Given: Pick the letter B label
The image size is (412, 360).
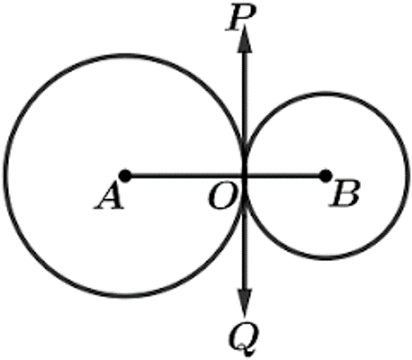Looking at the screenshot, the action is click(344, 194).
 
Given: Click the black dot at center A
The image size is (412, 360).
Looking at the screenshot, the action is click(125, 176).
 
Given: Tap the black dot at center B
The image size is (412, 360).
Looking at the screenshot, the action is click(325, 176).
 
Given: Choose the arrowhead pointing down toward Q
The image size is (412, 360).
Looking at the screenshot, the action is click(245, 303).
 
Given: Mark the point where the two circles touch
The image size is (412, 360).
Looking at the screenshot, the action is click(245, 176).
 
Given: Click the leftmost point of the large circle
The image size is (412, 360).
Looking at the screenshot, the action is click(5, 176).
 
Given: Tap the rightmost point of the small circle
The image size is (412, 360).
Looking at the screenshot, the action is click(405, 176).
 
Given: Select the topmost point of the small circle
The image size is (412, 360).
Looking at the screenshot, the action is click(325, 94).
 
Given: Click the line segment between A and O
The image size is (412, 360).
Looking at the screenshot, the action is click(185, 176).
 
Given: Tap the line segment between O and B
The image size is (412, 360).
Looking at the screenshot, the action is click(285, 176).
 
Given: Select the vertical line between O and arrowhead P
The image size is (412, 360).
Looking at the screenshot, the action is click(245, 114).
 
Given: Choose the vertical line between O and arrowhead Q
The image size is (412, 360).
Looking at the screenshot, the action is click(245, 232).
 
